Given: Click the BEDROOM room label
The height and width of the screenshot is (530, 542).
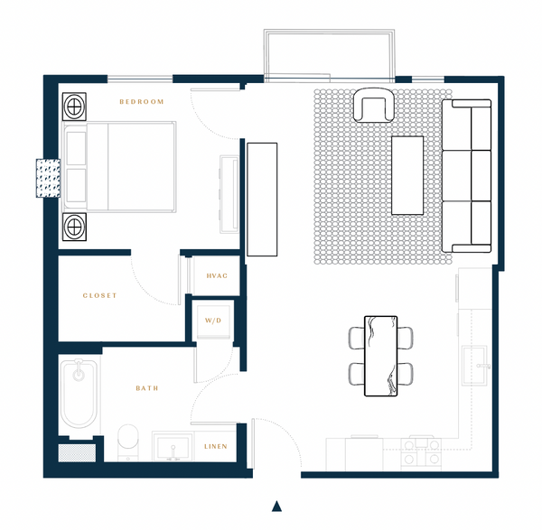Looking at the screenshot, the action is click(142, 102).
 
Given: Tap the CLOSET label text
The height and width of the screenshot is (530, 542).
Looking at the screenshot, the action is click(99, 295).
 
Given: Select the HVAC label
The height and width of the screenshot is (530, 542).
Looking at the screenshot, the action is click(217, 275).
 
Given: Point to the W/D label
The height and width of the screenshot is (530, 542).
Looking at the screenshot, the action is click(213, 321).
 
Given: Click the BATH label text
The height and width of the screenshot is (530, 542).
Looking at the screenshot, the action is click(147, 388).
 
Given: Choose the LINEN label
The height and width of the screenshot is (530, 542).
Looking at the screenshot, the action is click(216, 446).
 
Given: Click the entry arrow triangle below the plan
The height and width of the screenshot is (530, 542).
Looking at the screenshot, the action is click(276, 506).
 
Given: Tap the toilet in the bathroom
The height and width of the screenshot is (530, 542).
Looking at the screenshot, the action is click(128, 442).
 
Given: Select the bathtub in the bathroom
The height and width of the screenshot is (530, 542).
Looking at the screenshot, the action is click(79, 394).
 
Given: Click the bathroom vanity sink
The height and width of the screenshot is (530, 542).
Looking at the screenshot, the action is click(173, 447).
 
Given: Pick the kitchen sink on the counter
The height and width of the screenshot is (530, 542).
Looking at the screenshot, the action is click(475, 366).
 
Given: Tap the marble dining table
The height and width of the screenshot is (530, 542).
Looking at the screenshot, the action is click(380, 356).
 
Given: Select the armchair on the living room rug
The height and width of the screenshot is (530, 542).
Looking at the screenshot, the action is click(374, 105).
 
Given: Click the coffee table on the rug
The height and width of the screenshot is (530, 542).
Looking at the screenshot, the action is click(407, 175).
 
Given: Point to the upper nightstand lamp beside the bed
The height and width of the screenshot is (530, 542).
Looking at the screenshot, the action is click(74, 106).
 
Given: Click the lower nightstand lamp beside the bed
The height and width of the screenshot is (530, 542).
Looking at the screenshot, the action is click(74, 227).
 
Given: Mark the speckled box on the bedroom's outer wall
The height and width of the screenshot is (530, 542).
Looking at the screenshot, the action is click(49, 178).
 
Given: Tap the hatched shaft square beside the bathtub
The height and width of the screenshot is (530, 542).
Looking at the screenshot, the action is click(77, 453).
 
